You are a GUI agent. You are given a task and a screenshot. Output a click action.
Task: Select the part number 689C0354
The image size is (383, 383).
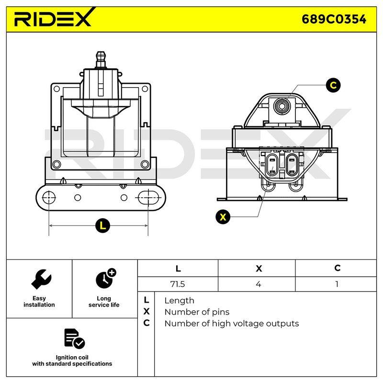[334, 19]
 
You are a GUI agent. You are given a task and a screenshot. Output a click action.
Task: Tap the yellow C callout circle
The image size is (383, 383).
[333, 85]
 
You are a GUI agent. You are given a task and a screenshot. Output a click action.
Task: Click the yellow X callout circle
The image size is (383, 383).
[223, 217]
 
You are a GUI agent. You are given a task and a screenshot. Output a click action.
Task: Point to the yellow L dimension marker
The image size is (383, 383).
[102, 225]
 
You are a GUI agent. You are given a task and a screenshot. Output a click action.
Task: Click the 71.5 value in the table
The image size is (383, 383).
[178, 284]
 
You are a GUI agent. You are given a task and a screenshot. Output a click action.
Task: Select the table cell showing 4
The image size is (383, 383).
[258, 284]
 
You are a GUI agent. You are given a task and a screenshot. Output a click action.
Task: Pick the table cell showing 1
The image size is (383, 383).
[337, 284]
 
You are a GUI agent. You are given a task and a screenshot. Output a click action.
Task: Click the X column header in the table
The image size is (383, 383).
[259, 269]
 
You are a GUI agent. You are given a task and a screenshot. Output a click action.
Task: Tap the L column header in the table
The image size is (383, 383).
[178, 269]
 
